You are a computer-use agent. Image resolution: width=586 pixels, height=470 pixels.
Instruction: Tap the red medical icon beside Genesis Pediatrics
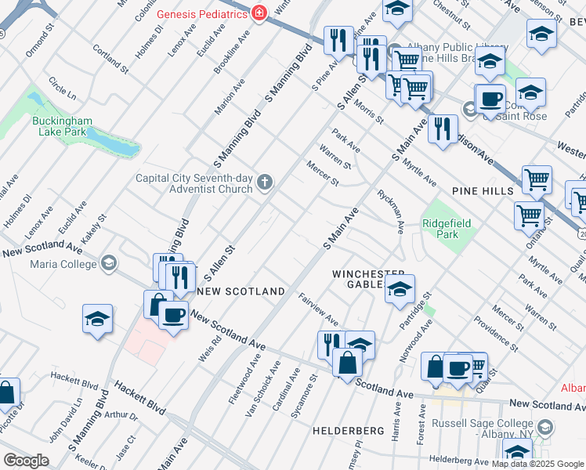point(259,13)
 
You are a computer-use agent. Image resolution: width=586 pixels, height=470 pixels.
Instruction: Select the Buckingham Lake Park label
point(63,127)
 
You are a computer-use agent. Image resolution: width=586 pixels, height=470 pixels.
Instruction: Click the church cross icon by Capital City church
point(266,183)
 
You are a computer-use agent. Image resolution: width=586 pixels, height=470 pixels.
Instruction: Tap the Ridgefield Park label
point(447,229)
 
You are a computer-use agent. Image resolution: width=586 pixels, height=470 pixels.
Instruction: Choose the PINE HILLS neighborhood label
point(482,191)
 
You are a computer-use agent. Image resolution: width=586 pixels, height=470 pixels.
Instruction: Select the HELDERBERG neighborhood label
point(347,431)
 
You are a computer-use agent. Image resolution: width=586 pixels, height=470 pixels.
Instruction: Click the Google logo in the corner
point(26,461)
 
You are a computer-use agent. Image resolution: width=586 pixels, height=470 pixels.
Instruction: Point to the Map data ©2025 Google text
point(537,464)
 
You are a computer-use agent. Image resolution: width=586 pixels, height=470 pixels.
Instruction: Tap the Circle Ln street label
point(62,89)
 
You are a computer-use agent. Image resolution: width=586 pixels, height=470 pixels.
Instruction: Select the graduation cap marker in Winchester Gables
point(400,290)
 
